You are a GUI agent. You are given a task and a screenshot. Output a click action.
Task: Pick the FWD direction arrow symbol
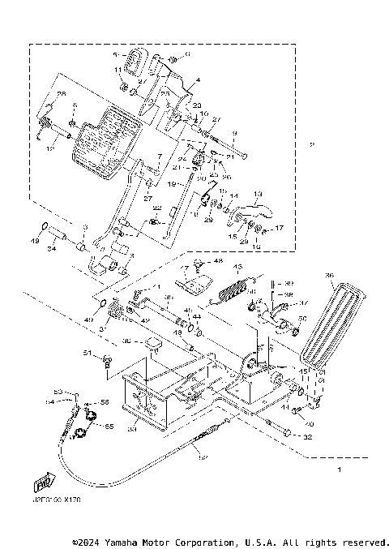click(x=40, y=484)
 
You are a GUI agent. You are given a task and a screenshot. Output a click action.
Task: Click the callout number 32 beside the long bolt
click(x=307, y=437)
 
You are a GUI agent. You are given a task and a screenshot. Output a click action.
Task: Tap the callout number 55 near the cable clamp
click(x=109, y=425)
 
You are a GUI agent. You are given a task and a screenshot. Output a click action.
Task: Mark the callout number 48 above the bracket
click(x=218, y=261)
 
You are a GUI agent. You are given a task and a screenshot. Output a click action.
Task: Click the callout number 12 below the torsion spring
click(x=50, y=148)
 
